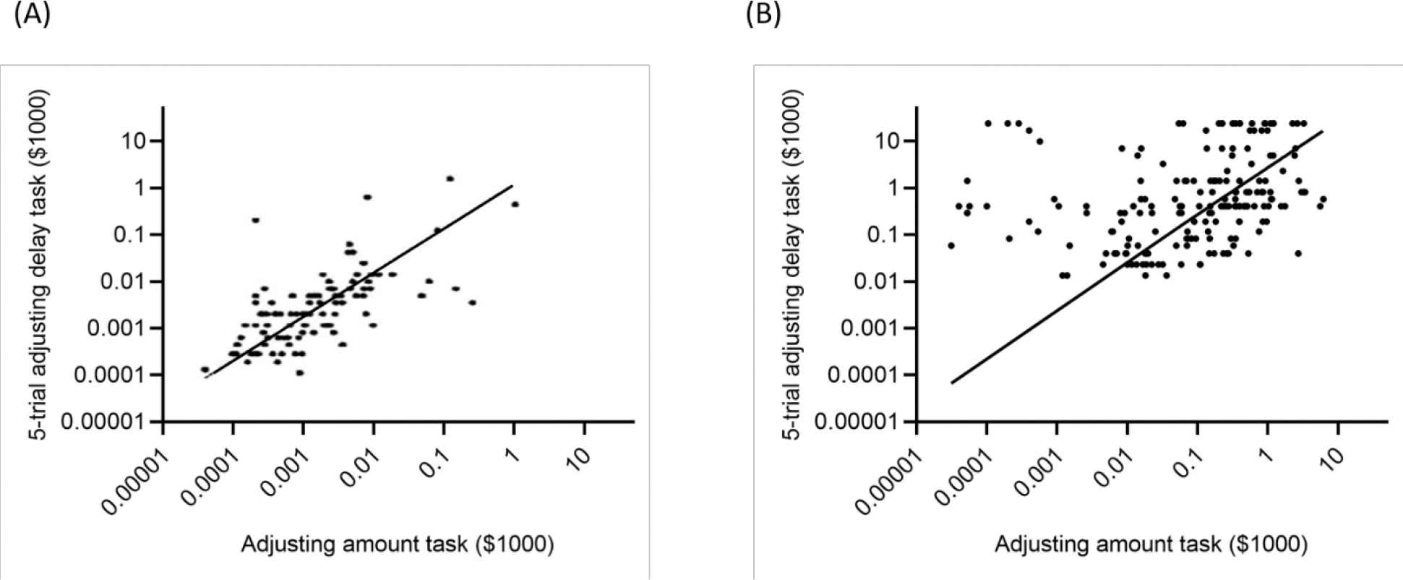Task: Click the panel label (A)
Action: pyautogui.click(x=32, y=15)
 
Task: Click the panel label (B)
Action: pyautogui.click(x=763, y=15)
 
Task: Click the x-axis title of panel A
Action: pyautogui.click(x=397, y=545)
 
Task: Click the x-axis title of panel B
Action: pyautogui.click(x=1151, y=545)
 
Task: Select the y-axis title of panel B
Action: pyautogui.click(x=794, y=264)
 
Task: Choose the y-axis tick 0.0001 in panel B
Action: pyautogui.click(x=865, y=375)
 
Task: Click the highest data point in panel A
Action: pyautogui.click(x=450, y=178)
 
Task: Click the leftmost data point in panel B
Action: pyautogui.click(x=951, y=246)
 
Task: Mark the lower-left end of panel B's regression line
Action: pyautogui.click(x=951, y=383)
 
